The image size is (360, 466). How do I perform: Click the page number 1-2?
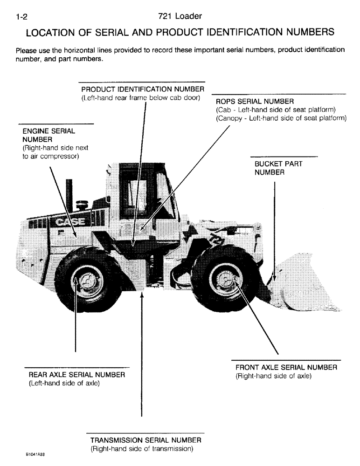point(22,17)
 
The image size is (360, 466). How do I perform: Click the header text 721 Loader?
point(180,17)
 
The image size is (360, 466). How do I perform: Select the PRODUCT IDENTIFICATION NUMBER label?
point(143,89)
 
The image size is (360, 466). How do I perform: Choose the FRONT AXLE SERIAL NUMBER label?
point(286,368)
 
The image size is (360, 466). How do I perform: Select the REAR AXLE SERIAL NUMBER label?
point(76,375)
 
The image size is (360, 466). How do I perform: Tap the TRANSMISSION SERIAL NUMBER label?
point(145,440)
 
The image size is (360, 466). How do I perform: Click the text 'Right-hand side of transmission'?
point(141,449)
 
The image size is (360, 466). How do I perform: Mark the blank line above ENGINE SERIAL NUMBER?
point(56,124)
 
